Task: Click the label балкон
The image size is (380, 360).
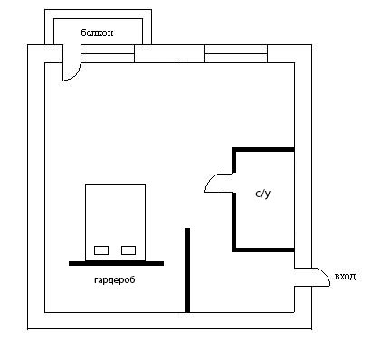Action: click(x=97, y=33)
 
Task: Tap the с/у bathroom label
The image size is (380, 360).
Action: click(x=263, y=194)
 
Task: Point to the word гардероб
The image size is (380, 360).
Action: click(x=115, y=280)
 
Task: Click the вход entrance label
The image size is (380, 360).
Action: click(x=345, y=277)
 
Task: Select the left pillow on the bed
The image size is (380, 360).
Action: click(x=101, y=251)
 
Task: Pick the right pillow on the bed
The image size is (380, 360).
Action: click(x=128, y=251)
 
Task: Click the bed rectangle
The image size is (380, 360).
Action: click(x=115, y=222)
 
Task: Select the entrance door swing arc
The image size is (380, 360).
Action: click(x=325, y=274)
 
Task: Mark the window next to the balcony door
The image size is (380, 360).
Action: click(x=108, y=53)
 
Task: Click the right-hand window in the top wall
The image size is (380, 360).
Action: click(x=236, y=53)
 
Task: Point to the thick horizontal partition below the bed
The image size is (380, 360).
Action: click(x=117, y=263)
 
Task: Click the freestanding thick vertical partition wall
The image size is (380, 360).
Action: click(x=187, y=270)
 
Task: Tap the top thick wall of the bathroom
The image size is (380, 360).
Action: click(x=263, y=149)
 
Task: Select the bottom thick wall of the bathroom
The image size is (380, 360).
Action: click(x=263, y=250)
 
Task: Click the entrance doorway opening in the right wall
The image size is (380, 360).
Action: click(x=303, y=277)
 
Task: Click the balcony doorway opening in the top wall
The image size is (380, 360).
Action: click(x=71, y=53)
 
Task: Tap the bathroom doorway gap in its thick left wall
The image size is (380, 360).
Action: click(x=233, y=183)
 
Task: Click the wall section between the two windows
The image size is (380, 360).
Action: click(x=169, y=53)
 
